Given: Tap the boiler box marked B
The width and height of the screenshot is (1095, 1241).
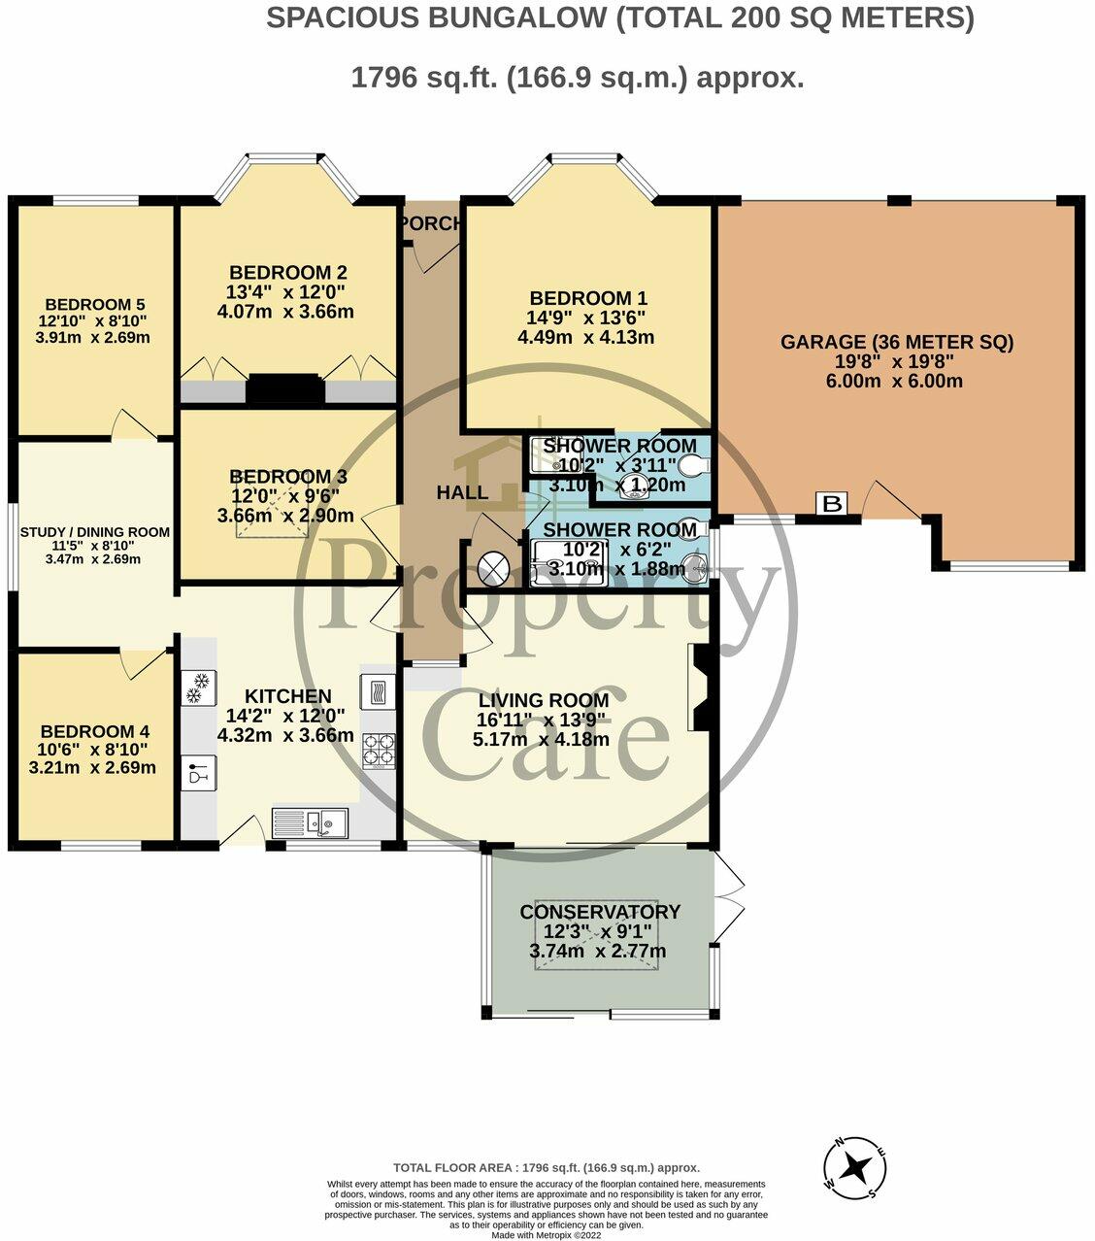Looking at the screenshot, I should (832, 503).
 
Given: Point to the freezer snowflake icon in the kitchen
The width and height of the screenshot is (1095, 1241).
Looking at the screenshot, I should (198, 688).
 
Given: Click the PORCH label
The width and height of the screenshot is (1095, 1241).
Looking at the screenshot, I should (431, 223).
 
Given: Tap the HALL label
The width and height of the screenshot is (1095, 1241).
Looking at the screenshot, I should (462, 492).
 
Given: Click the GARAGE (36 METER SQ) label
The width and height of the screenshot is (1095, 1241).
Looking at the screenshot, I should (897, 342).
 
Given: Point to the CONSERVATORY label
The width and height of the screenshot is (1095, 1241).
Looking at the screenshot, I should (600, 912).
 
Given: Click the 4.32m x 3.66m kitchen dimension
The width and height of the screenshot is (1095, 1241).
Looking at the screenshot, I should (285, 735).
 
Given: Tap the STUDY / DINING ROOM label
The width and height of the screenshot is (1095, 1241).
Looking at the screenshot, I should (96, 532).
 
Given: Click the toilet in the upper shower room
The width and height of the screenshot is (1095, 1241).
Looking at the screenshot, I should (692, 464).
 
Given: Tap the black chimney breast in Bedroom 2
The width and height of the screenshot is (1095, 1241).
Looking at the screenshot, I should (284, 388).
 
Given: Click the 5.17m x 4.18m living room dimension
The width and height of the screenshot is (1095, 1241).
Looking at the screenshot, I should (541, 739).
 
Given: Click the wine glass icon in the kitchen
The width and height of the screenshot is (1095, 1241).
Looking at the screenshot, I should (198, 774).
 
